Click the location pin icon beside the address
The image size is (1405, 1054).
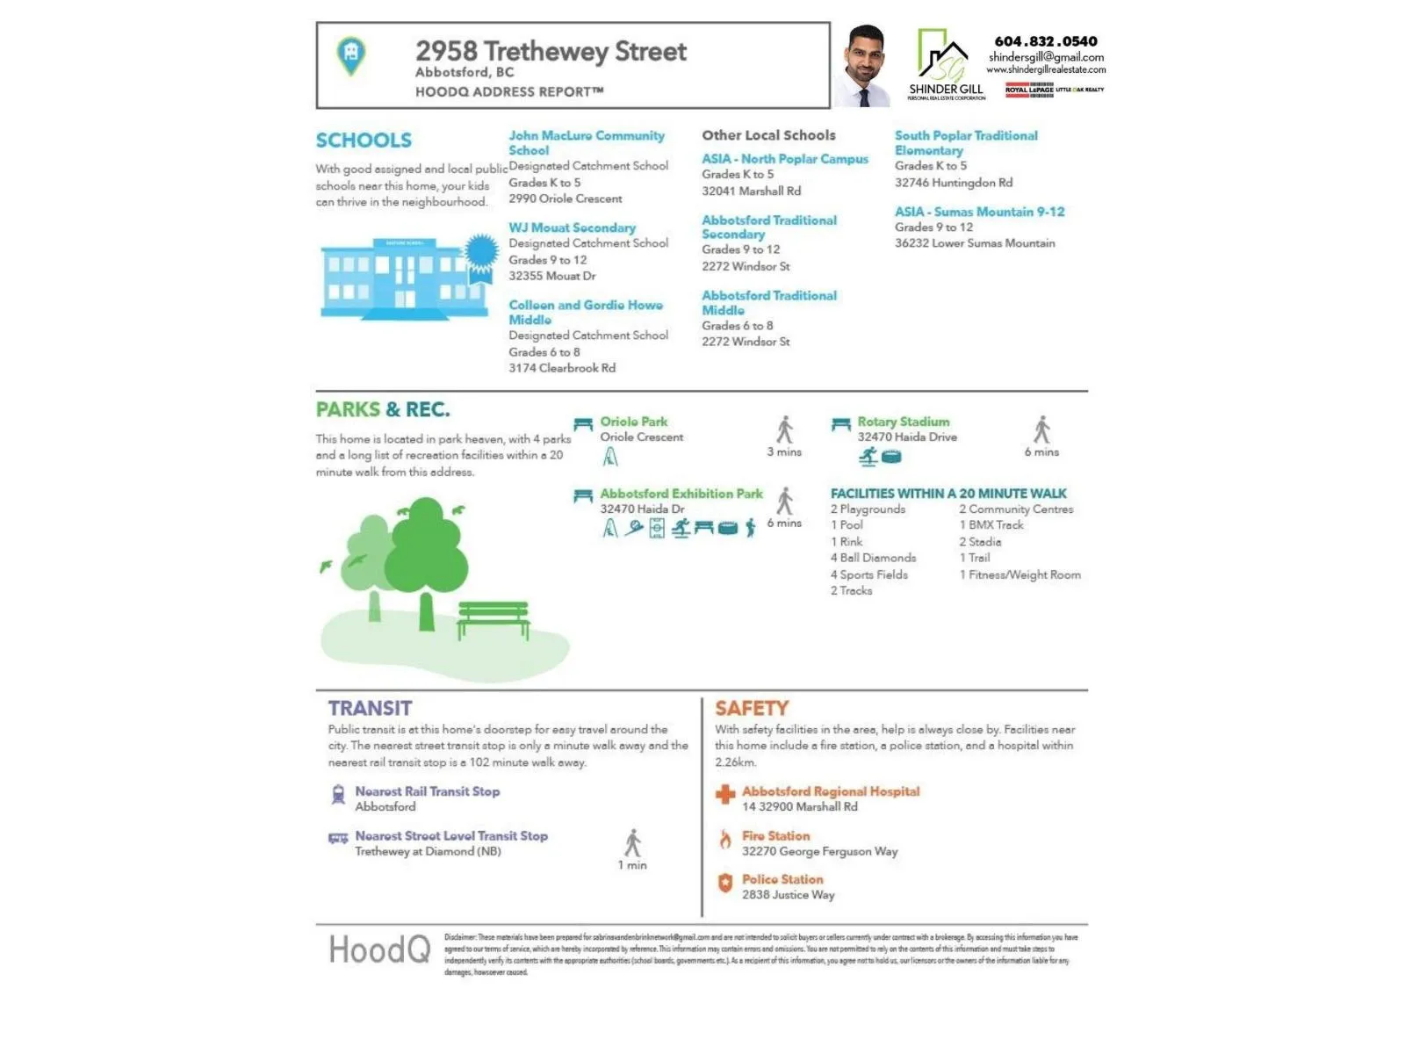pos(351,54)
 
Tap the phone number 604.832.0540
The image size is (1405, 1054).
pos(1045,41)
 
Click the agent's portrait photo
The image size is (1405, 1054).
pos(863,67)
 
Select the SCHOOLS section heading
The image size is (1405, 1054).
pos(364,141)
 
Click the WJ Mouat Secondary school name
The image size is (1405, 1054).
pos(572,227)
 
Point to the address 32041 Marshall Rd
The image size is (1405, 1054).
pos(751,191)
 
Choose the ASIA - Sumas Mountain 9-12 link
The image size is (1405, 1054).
pos(979,212)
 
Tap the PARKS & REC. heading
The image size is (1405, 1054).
pos(383,409)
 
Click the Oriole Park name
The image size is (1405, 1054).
pos(633,422)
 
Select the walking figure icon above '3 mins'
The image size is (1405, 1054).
pos(784,430)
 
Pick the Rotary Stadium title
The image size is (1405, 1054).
pos(903,422)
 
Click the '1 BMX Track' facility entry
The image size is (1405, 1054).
pos(991,525)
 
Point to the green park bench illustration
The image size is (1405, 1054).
pos(493,618)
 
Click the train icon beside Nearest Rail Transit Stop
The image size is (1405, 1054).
pos(338,795)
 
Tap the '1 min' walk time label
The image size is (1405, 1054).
pos(632,865)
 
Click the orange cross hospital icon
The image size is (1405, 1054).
pos(725,794)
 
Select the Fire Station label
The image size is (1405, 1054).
pos(775,836)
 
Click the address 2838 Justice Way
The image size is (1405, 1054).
pos(788,895)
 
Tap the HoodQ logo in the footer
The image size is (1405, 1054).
pos(379,949)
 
